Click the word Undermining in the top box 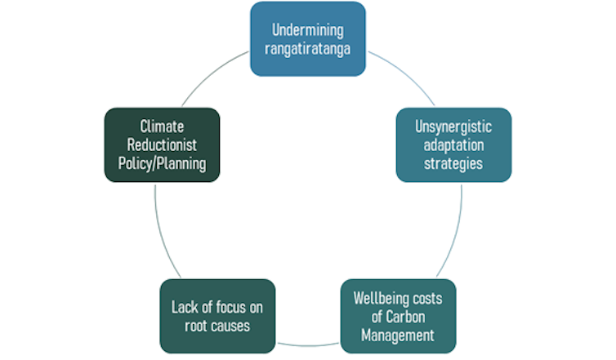[x=308, y=30]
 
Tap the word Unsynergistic [x=453, y=128]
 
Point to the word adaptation [x=453, y=145]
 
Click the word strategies [x=453, y=162]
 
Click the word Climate [x=162, y=127]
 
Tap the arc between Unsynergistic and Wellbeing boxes [x=453, y=233]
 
